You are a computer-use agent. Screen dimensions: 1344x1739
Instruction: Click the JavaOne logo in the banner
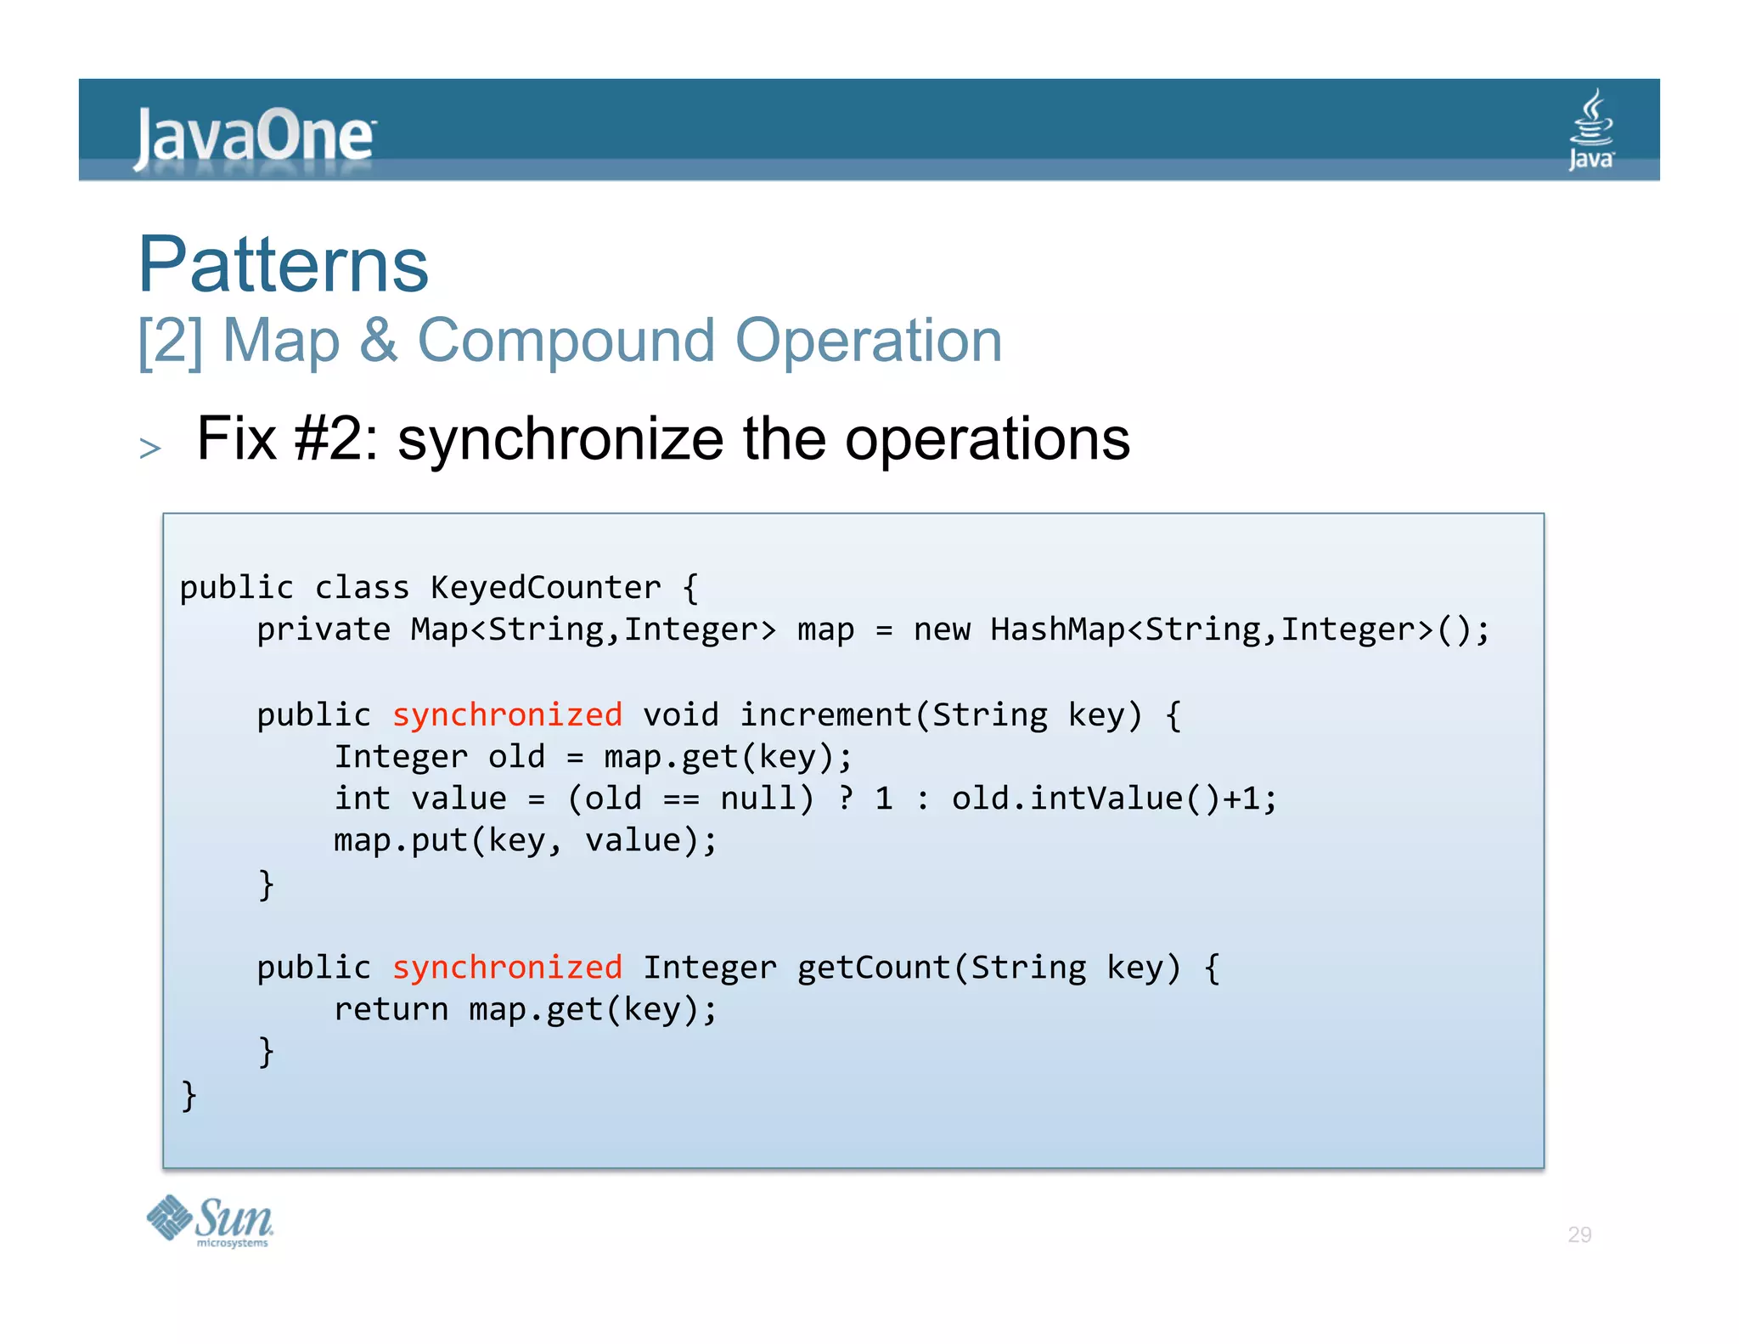click(x=254, y=136)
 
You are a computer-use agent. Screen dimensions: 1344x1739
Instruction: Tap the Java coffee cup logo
click(x=1591, y=129)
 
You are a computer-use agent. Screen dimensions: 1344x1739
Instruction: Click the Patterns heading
click(x=284, y=264)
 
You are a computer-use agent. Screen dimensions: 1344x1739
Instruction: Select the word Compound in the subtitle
click(x=566, y=341)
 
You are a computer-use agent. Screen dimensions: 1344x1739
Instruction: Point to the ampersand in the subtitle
click(x=378, y=341)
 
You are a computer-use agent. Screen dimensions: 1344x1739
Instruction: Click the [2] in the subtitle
click(x=171, y=341)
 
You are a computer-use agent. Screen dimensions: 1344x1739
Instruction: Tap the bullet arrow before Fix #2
click(x=150, y=448)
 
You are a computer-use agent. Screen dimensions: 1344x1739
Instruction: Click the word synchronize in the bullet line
click(x=560, y=439)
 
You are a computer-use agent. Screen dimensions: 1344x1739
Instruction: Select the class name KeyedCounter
click(x=545, y=587)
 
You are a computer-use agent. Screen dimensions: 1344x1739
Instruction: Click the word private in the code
click(x=324, y=630)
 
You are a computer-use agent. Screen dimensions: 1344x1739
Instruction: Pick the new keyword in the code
click(x=942, y=630)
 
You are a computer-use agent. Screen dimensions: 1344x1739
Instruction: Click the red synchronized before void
click(x=507, y=714)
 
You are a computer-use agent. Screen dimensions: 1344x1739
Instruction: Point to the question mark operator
click(x=846, y=799)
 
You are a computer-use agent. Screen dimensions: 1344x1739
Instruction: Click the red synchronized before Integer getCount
click(x=507, y=968)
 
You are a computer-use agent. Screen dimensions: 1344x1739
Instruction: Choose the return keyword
click(x=391, y=1009)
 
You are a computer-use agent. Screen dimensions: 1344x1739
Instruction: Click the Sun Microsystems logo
click(x=210, y=1221)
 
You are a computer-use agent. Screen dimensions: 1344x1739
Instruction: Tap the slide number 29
click(x=1579, y=1234)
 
